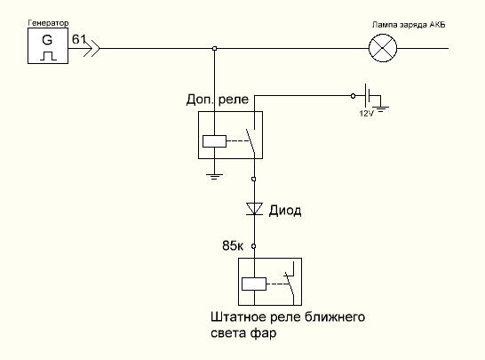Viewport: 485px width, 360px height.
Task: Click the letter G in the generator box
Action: coord(47,40)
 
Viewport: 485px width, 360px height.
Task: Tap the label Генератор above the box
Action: coord(48,23)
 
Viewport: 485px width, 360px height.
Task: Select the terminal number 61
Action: coord(79,39)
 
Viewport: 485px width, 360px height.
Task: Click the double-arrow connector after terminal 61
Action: coord(91,48)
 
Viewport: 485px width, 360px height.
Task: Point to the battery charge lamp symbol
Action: coord(383,48)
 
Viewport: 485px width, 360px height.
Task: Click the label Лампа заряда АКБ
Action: coord(409,25)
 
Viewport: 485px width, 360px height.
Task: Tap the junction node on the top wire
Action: coord(215,48)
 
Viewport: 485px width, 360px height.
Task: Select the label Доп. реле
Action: coord(218,100)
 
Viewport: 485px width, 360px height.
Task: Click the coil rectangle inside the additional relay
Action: coord(214,141)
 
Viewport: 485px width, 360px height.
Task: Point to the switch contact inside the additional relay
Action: coord(250,141)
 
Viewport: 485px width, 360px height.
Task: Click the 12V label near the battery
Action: coord(366,113)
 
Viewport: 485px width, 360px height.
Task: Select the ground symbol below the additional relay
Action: coord(214,177)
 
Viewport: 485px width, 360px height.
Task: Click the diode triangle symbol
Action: coord(254,209)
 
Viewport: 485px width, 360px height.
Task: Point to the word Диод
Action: coord(285,211)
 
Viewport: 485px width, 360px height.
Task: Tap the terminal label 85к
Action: coord(233,246)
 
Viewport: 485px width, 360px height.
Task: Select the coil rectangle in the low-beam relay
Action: coord(254,284)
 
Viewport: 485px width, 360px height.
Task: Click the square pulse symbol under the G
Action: coord(48,56)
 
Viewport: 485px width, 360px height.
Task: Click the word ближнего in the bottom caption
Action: coord(335,317)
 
